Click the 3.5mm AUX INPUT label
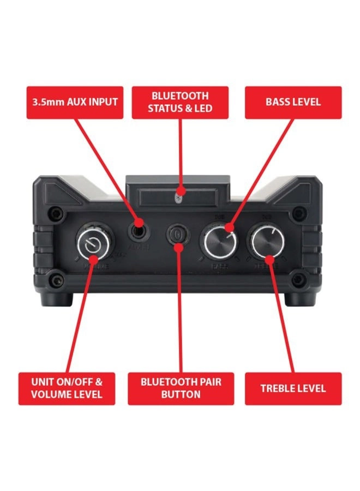point(75,102)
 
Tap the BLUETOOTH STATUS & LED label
point(180,102)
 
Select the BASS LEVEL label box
point(293,102)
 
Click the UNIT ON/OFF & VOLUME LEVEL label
point(67,388)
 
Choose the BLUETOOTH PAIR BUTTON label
point(181,388)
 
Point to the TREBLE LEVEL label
point(293,388)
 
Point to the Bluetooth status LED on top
point(181,191)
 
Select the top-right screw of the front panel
point(297,213)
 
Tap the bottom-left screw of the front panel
point(55,281)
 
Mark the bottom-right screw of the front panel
point(297,281)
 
